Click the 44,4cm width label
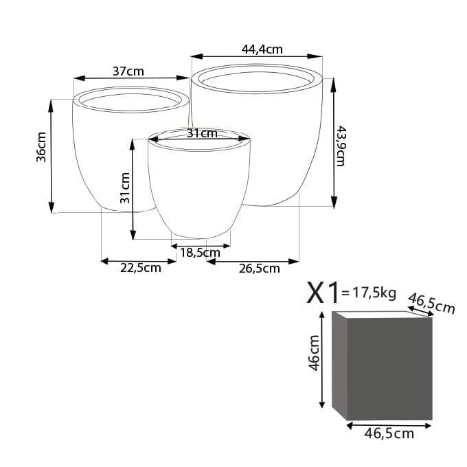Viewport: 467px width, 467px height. coord(262,49)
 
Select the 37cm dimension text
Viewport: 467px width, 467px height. coord(128,71)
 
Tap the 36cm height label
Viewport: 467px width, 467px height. coord(41,147)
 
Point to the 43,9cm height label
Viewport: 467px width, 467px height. coord(341,146)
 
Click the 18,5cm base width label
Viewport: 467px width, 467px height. coord(200,253)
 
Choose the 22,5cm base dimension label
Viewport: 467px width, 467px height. coord(141,268)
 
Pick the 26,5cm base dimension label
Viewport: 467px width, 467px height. coord(260,269)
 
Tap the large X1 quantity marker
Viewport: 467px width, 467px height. coord(323,293)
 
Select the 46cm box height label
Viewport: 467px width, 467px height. coord(314,353)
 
